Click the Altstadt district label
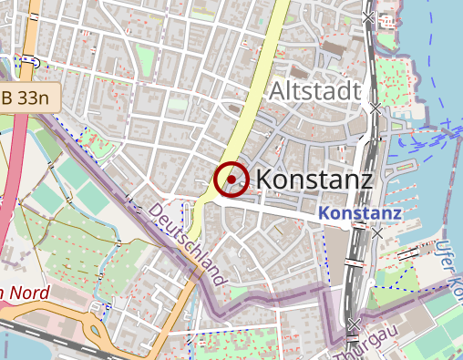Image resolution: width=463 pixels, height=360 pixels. tap(315, 91)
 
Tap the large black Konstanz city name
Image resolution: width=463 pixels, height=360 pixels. tap(314, 180)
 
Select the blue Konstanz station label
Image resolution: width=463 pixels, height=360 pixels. tap(362, 213)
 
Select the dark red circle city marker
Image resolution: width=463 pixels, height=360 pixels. tap(231, 179)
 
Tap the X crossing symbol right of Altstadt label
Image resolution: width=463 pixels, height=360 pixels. tap(375, 108)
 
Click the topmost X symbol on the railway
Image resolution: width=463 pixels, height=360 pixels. tap(368, 16)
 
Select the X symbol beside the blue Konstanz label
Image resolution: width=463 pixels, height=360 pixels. tap(376, 232)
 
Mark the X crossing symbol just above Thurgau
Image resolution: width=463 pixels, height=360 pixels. tap(354, 324)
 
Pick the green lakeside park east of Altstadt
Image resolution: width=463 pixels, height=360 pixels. tap(401, 82)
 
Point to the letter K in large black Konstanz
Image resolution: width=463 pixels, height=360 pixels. tap(266, 180)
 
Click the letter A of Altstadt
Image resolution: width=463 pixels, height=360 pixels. tap(278, 91)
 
